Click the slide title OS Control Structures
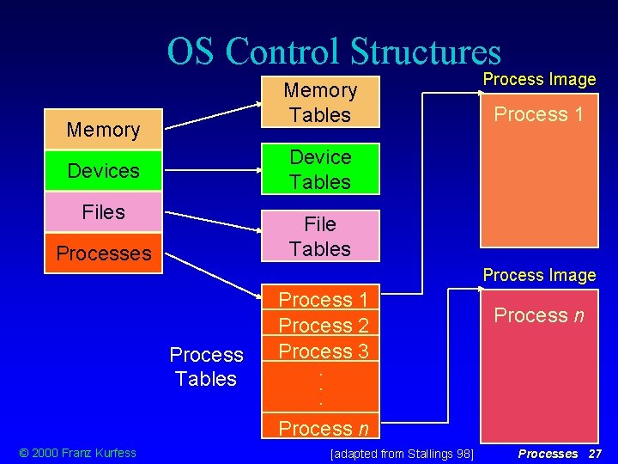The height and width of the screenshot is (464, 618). pyautogui.click(x=333, y=51)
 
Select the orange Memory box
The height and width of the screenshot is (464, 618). pyautogui.click(x=103, y=130)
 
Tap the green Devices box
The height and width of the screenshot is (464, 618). pyautogui.click(x=103, y=171)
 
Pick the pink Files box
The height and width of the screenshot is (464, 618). pyautogui.click(x=103, y=211)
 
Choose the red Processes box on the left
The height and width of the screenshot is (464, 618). pyautogui.click(x=103, y=253)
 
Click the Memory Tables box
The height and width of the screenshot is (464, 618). pyautogui.click(x=320, y=102)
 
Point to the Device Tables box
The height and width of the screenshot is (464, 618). pyautogui.click(x=320, y=169)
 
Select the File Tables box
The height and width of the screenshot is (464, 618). pyautogui.click(x=320, y=236)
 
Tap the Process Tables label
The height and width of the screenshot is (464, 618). pyautogui.click(x=206, y=367)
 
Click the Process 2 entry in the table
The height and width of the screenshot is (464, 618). pyautogui.click(x=324, y=326)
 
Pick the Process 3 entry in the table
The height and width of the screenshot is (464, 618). pyautogui.click(x=324, y=351)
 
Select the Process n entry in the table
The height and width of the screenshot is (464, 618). pyautogui.click(x=324, y=428)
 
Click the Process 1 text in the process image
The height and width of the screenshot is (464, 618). pyautogui.click(x=538, y=114)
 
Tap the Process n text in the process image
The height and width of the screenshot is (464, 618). pyautogui.click(x=538, y=315)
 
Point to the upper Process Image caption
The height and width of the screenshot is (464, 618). pyautogui.click(x=539, y=79)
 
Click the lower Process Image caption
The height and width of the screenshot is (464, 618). pyautogui.click(x=539, y=275)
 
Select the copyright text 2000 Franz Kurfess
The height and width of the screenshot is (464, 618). pyautogui.click(x=77, y=453)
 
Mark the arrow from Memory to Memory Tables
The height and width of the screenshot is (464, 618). pyautogui.click(x=215, y=115)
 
